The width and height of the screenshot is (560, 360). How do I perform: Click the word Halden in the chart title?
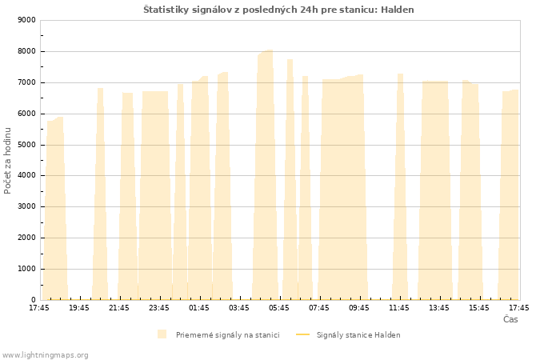click(397, 10)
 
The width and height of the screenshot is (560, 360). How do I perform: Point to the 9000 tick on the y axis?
click(26, 20)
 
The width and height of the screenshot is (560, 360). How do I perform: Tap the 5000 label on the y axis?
click(26, 145)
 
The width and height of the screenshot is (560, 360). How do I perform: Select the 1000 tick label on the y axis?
click(26, 269)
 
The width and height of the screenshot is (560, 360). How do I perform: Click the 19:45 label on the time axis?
click(79, 308)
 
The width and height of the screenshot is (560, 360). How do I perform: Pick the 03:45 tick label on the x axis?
click(239, 308)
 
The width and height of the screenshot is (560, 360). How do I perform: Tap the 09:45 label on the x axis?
click(359, 308)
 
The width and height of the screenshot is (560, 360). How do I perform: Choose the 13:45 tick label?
click(439, 308)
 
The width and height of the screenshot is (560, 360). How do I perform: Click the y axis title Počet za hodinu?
click(7, 161)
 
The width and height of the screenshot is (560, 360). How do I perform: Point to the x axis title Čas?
click(510, 319)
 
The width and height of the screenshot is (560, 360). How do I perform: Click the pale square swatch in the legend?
click(162, 334)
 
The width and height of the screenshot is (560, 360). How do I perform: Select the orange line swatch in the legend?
click(303, 334)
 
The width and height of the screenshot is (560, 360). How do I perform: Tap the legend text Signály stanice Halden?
click(358, 335)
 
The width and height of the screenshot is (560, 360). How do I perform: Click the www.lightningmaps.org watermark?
click(45, 355)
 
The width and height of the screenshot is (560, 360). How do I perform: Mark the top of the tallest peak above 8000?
click(270, 50)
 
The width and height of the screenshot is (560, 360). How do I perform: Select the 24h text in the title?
click(310, 10)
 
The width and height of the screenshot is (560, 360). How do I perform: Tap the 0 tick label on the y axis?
click(34, 300)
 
